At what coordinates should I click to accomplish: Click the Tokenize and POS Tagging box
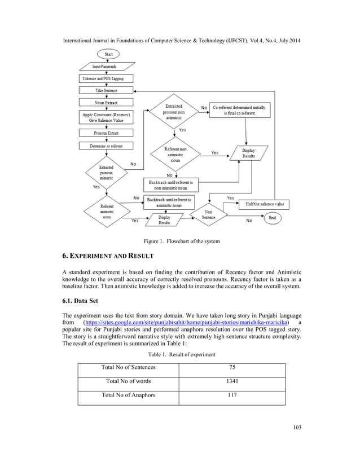click(x=106, y=78)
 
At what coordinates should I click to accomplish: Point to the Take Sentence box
click(x=106, y=90)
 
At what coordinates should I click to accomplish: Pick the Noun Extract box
click(x=106, y=103)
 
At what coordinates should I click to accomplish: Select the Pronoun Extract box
click(x=106, y=133)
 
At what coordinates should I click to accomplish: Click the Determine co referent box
click(x=106, y=146)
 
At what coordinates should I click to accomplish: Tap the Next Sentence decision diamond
click(x=209, y=215)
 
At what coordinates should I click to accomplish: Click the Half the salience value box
click(x=265, y=204)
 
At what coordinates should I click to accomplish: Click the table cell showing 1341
click(x=232, y=381)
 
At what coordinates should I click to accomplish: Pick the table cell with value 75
click(x=232, y=367)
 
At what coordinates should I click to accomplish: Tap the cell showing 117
click(x=232, y=395)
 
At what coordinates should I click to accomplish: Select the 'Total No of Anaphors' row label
click(x=128, y=395)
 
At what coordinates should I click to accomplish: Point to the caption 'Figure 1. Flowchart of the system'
click(x=180, y=241)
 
